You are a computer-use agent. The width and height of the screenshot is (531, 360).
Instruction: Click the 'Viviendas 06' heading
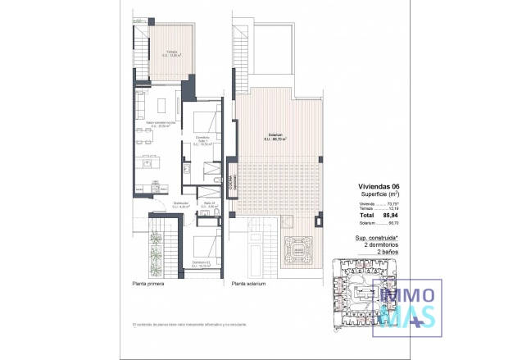(380, 186)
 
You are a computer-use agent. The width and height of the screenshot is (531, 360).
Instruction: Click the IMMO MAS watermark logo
(407, 303)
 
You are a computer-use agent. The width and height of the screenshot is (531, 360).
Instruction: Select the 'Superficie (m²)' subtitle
(383, 194)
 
